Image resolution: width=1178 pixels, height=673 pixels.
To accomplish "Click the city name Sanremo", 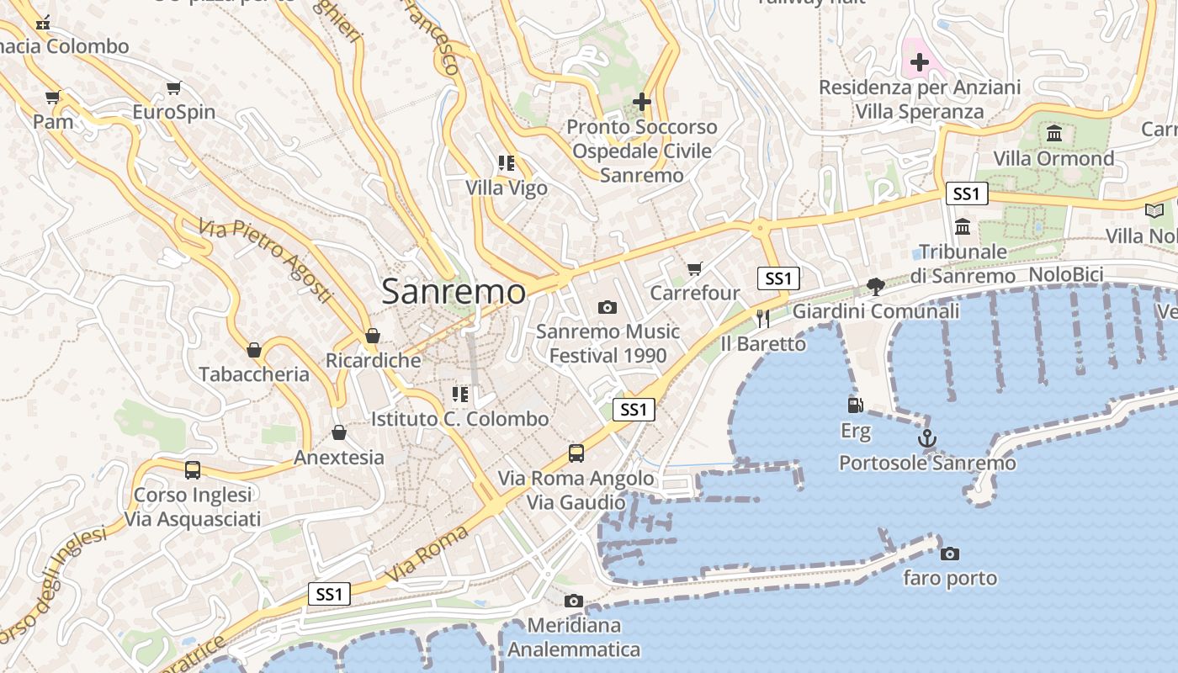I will coord(454,292).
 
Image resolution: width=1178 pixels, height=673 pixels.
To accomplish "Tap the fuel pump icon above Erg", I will coord(855,405).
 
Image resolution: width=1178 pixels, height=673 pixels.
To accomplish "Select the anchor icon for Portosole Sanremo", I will coord(926,438).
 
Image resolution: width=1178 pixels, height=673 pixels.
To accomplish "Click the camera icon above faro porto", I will coord(950,554).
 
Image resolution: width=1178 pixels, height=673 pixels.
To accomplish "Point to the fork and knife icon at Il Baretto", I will coord(763,318).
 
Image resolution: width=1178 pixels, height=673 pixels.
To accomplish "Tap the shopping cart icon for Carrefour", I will coord(694,268).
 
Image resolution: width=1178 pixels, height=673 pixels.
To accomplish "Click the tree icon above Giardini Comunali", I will coord(876,286).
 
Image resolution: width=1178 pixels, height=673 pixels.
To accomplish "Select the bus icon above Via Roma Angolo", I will coord(576,453).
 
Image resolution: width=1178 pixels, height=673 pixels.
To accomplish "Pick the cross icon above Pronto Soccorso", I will coord(642,102).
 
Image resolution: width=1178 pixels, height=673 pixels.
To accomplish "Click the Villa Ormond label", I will coord(1053,158).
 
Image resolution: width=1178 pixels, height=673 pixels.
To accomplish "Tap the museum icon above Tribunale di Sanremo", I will coord(963,226).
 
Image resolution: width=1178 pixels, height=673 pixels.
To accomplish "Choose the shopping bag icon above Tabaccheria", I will coord(254,349).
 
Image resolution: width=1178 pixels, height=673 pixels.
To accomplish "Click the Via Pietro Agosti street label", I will coord(266,261).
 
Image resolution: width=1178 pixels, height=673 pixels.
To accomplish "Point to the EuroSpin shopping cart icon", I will coord(174,87).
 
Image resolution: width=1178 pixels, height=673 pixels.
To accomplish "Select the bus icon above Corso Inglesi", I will coord(193,469).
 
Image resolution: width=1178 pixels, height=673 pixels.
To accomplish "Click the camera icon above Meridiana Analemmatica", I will coord(574,601).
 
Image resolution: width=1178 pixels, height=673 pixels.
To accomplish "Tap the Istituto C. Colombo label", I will coord(459,419).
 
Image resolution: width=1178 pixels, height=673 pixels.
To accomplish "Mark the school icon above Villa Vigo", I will coord(506,163).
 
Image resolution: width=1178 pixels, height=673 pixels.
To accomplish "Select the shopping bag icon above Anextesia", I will coord(338,432).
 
